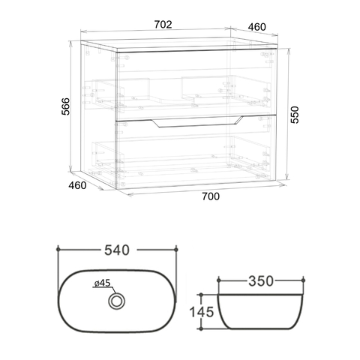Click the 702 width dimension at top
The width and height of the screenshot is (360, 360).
163,25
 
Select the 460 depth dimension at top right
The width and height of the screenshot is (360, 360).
256,27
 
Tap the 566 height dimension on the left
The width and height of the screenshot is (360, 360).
66,106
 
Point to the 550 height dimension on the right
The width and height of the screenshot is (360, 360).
295,115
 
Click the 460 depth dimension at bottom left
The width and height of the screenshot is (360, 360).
77,185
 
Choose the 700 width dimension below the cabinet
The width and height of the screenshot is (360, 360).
211,196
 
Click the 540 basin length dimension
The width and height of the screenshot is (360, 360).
117,250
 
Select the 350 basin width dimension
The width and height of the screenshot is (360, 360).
261,281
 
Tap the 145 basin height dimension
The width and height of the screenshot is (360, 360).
202,312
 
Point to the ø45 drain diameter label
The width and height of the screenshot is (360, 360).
103,283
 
